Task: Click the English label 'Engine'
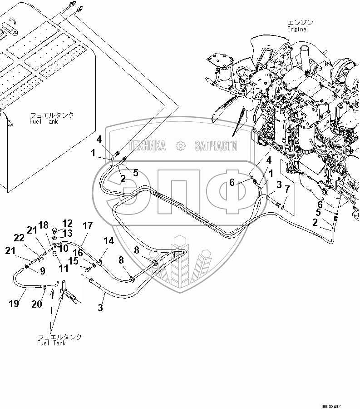pyautogui.click(x=296, y=29)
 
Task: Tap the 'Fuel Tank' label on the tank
pyautogui.click(x=44, y=121)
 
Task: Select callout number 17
pyautogui.click(x=88, y=225)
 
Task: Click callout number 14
pyautogui.click(x=108, y=240)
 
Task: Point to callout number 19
pyautogui.click(x=14, y=304)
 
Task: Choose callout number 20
pyautogui.click(x=37, y=304)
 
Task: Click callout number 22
pyautogui.click(x=19, y=238)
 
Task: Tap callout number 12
pyautogui.click(x=67, y=223)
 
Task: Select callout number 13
pyautogui.click(x=68, y=233)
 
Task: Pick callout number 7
pyautogui.click(x=287, y=189)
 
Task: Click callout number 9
pyautogui.click(x=43, y=271)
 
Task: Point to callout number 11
pyautogui.click(x=64, y=268)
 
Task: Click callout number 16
pyautogui.click(x=78, y=253)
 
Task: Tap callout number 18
pyautogui.click(x=44, y=225)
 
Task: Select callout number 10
pyautogui.click(x=63, y=248)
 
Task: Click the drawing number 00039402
pyautogui.click(x=331, y=406)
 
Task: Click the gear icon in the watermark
pyautogui.click(x=180, y=145)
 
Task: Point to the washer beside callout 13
pyautogui.click(x=54, y=238)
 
